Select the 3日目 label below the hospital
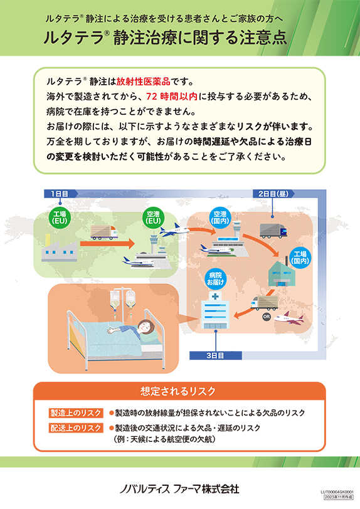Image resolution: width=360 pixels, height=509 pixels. click(216, 355)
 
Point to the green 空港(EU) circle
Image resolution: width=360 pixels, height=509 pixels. click(154, 218)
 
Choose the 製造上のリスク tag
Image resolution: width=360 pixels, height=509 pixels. click(76, 413)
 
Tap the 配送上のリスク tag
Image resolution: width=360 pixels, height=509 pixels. click(76, 428)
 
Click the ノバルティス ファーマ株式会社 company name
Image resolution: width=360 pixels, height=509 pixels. click(179, 488)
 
